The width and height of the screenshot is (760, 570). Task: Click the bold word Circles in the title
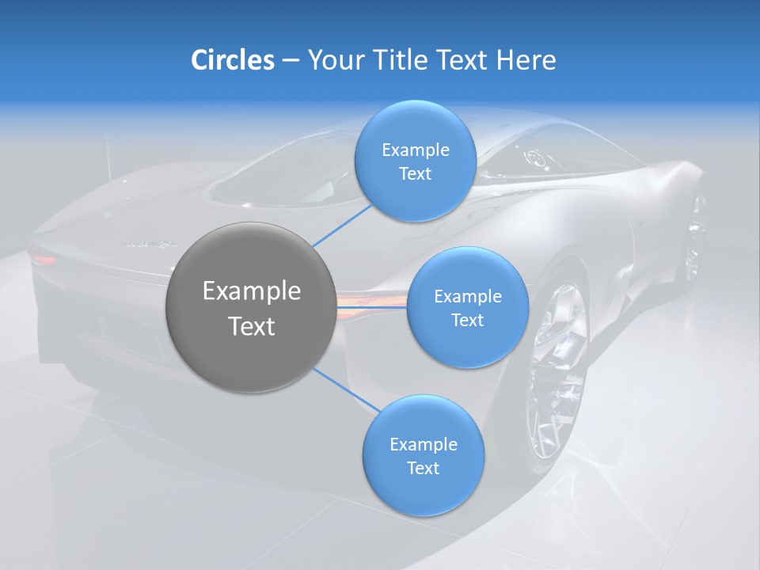[x=232, y=59]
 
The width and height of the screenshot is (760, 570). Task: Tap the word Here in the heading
[x=526, y=59]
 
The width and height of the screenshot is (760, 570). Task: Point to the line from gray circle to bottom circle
[x=346, y=389]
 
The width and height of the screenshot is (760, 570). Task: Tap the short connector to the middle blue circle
[x=373, y=306]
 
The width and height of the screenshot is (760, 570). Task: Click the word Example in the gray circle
[x=252, y=291]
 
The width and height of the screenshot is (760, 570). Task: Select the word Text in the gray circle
[x=252, y=326]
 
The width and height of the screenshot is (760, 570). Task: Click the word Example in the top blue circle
[x=415, y=150]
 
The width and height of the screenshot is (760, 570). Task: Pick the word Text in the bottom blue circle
[x=423, y=468]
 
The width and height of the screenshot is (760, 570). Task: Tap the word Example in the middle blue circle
[x=467, y=297]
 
